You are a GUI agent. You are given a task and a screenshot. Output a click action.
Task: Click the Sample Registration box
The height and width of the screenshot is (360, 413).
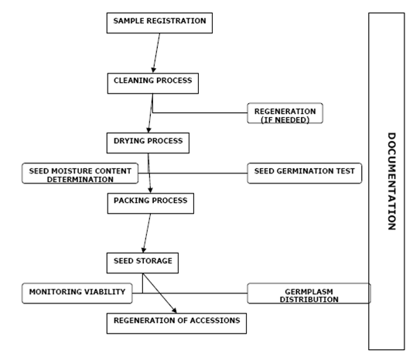coord(159,23)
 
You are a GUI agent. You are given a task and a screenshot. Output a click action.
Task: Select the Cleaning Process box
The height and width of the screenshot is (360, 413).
coord(153,84)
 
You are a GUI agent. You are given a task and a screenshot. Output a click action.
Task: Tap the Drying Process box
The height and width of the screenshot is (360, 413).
coord(148,143)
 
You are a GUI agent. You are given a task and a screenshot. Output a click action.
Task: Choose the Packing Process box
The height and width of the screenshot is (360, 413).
coord(150,204)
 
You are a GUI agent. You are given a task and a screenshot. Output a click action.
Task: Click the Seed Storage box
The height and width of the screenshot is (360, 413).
coord(142,263)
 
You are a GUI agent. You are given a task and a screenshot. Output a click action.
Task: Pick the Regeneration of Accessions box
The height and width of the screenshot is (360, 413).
coord(176,324)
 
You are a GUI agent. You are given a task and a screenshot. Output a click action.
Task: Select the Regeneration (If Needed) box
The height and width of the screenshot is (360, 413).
coord(285,113)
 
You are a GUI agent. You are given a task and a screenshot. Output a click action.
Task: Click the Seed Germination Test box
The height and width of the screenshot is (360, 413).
coord(305,173)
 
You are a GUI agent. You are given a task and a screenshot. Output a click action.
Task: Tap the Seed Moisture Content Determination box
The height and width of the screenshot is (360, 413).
coord(80,173)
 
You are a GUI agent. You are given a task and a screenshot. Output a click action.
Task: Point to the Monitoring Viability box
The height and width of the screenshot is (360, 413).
coord(77,293)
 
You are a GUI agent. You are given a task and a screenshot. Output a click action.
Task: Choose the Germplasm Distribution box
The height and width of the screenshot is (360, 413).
coord(309,293)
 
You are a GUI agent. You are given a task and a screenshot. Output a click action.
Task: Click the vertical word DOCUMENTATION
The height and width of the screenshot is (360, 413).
coord(391,181)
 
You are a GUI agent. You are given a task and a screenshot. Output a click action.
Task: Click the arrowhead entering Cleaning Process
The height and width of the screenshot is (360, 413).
coord(154,70)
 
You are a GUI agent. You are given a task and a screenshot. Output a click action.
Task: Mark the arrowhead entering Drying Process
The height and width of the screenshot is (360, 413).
coord(148,130)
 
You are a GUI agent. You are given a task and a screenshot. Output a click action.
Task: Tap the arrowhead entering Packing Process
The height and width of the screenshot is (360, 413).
coord(150,190)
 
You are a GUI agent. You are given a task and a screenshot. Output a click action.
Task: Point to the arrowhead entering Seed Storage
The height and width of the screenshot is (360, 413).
coord(144,250)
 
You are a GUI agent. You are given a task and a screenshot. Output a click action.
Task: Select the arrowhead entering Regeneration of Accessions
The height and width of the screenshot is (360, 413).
coord(174,310)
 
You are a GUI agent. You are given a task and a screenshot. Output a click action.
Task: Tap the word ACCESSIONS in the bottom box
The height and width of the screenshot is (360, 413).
coord(215,321)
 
